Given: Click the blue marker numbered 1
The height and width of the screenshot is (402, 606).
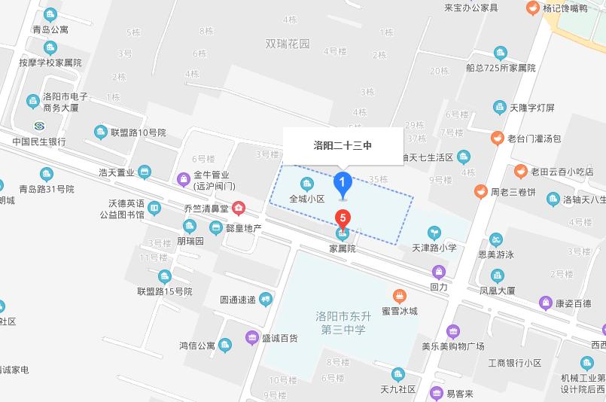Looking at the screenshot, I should point(343,182).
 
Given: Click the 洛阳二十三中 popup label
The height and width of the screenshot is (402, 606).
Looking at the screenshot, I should point(343,145).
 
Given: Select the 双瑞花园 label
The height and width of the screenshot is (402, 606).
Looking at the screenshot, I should point(288,44).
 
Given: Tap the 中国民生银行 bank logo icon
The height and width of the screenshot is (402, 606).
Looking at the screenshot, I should point(39,125).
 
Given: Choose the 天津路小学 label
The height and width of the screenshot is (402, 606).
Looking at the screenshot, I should point(434,247).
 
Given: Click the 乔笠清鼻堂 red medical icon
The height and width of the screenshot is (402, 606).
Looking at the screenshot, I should point(239,206).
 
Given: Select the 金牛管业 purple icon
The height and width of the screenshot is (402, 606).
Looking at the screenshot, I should point(183,178).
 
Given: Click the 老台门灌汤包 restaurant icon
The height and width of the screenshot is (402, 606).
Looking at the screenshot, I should point(497,138).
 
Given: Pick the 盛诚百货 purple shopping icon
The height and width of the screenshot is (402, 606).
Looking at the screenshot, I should point(251,337).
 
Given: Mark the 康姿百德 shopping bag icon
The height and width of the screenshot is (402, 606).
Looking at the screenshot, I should point(545,303).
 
